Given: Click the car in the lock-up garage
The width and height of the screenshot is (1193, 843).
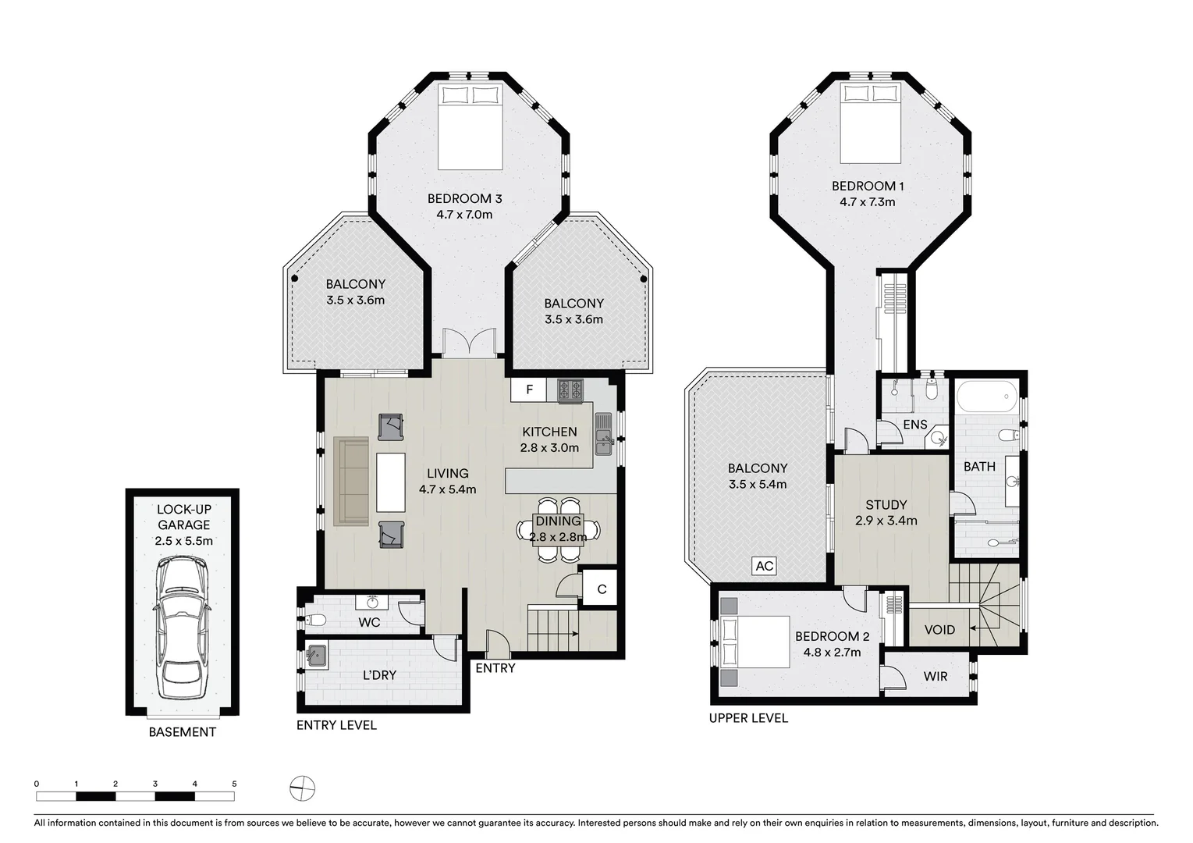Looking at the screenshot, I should [183, 628].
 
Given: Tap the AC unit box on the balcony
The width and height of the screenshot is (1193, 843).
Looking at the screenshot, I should [764, 566].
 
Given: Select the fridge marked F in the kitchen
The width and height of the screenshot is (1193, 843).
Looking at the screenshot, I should [530, 389].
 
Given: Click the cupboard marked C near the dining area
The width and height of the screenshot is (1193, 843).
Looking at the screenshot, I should [602, 589].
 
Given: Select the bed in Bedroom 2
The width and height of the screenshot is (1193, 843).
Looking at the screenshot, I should [755, 642].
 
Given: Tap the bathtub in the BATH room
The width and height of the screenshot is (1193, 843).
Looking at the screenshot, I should [987, 397].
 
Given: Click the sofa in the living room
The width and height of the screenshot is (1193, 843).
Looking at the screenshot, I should [351, 481].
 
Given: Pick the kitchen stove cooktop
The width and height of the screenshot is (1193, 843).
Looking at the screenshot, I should [570, 389].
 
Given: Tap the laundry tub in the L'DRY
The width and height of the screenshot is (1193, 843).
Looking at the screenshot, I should [316, 655].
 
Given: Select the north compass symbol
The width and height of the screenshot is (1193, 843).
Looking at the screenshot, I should [302, 788].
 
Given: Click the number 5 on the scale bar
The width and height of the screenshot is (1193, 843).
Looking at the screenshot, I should [234, 784].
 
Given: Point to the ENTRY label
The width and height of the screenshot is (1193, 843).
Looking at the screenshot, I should [495, 668].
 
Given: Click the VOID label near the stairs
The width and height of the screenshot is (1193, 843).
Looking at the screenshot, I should [939, 630].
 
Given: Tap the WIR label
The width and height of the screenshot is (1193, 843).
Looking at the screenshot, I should [935, 676].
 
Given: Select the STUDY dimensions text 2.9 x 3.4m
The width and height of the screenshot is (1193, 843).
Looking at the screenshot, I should [886, 521].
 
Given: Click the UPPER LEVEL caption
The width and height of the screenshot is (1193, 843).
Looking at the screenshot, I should [748, 718].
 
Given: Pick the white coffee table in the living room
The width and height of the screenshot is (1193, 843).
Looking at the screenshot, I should [391, 482].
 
